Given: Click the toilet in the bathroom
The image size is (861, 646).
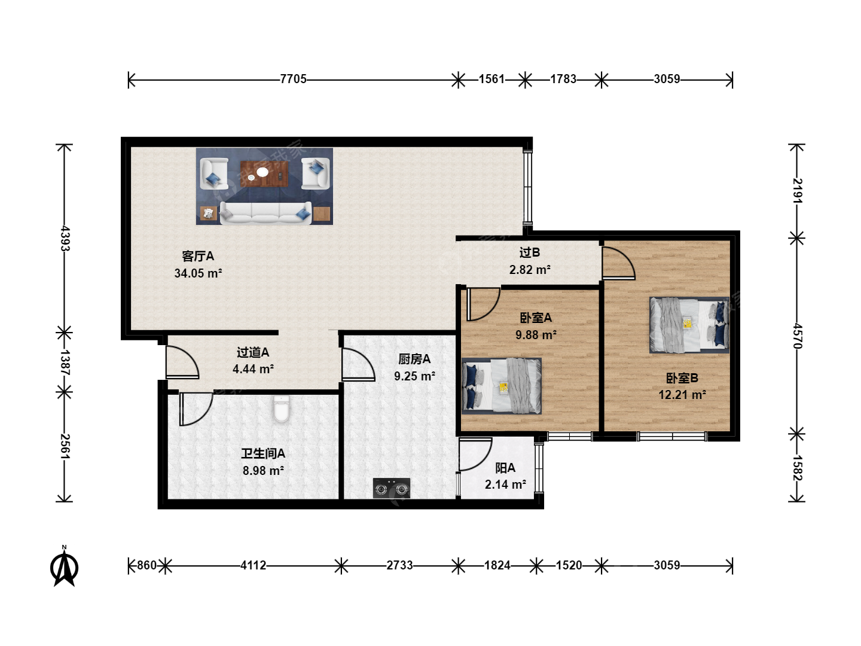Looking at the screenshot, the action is pyautogui.click(x=281, y=409).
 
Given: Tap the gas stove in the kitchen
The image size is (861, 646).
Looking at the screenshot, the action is pyautogui.click(x=392, y=488).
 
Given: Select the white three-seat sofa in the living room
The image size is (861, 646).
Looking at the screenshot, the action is pyautogui.click(x=265, y=213).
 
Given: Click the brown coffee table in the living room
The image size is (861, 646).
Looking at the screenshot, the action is pyautogui.click(x=264, y=173).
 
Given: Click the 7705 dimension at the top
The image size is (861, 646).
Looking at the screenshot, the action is pyautogui.click(x=293, y=79).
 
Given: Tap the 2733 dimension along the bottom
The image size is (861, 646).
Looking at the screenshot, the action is pyautogui.click(x=400, y=565).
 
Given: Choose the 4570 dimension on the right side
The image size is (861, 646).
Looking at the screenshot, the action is pyautogui.click(x=797, y=336).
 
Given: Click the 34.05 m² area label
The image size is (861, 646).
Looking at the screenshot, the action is pyautogui.click(x=198, y=273).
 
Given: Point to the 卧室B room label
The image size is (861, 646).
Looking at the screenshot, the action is pyautogui.click(x=682, y=378).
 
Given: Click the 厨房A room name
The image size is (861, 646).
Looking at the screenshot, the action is pyautogui.click(x=414, y=359).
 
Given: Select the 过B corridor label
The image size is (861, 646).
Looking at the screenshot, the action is pyautogui.click(x=530, y=252).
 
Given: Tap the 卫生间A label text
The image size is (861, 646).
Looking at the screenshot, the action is pyautogui.click(x=263, y=453).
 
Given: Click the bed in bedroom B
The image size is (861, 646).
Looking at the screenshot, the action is pyautogui.click(x=689, y=325).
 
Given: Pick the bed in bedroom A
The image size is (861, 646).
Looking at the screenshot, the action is pyautogui.click(x=501, y=386).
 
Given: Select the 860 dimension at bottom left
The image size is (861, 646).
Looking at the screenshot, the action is pyautogui.click(x=146, y=565).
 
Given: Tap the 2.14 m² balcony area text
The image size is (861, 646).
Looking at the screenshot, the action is pyautogui.click(x=505, y=484).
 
